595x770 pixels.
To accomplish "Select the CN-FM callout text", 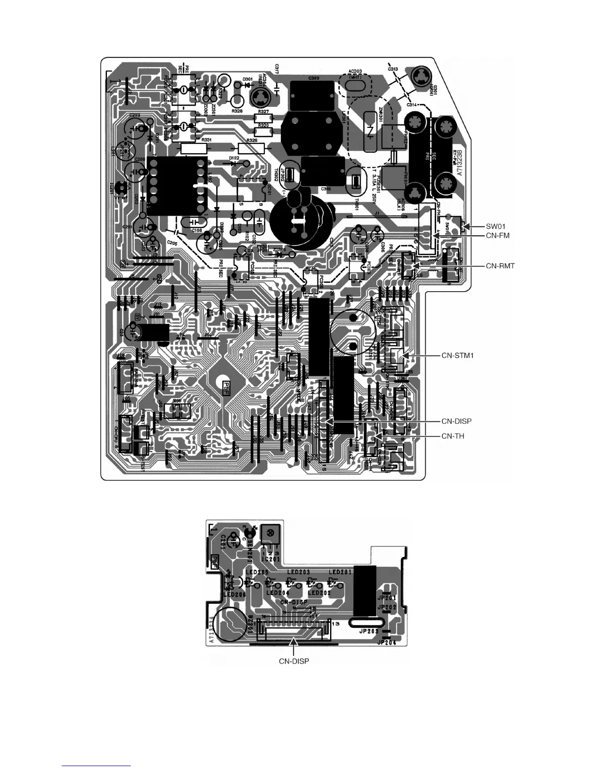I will pos(498,236).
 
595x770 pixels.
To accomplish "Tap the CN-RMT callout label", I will pos(500,266).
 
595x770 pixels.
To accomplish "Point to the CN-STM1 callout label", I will pos(457,356).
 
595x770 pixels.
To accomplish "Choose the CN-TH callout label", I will pos(453,436).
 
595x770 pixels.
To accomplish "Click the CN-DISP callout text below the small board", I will pos(294,661).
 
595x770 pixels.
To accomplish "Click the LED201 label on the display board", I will pos(340,572).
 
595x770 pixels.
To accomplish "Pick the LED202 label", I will pos(319,593).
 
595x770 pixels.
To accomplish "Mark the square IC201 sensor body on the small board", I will pos(269,536).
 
